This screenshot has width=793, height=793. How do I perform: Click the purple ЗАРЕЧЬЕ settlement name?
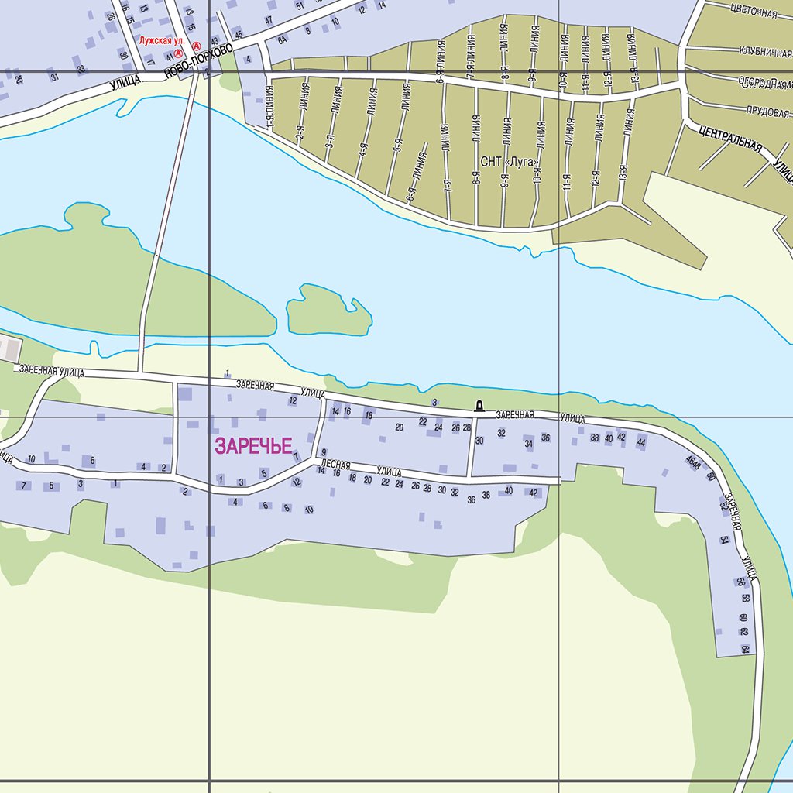click(253, 446)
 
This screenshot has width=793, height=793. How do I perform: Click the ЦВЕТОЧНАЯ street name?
click(753, 12)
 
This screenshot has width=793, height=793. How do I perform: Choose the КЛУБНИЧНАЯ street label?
click(765, 53)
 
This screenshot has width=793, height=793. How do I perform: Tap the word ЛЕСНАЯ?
click(335, 465)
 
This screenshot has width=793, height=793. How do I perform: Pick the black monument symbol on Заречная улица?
click(479, 405)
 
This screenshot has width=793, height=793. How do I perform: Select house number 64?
click(745, 649)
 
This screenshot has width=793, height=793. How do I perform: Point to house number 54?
click(724, 539)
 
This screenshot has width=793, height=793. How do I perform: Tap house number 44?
click(640, 441)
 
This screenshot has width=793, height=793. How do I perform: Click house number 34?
click(529, 444)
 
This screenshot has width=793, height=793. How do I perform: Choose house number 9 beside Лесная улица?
click(323, 451)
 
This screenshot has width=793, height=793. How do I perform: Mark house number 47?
click(269, 20)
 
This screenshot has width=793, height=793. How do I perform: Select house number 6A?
click(283, 39)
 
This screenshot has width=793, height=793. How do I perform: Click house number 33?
click(81, 69)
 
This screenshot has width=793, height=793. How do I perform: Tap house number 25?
click(19, 79)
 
